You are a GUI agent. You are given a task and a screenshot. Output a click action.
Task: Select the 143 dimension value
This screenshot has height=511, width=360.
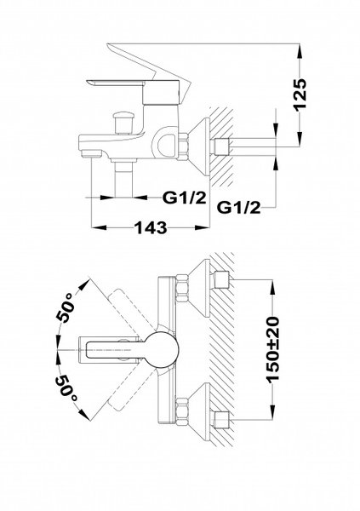151,228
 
